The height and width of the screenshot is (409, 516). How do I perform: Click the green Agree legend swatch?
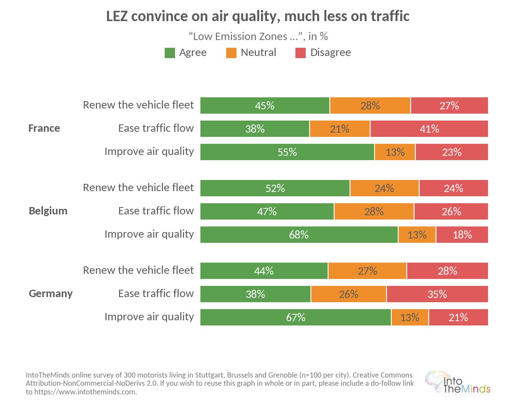click(170, 53)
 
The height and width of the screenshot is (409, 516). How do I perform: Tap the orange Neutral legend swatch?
click(231, 53)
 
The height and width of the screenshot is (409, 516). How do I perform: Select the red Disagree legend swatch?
click(301, 53)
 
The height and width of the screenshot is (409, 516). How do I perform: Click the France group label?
click(44, 128)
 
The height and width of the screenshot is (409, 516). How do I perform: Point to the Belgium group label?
click(48, 211)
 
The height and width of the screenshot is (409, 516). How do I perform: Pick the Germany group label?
click(51, 294)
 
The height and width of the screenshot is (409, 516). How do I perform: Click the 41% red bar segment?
click(429, 129)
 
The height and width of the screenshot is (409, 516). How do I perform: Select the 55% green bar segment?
click(287, 152)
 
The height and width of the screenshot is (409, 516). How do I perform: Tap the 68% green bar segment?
click(299, 235)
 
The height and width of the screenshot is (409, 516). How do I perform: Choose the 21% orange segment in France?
click(340, 129)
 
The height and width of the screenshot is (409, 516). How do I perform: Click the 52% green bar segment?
click(275, 188)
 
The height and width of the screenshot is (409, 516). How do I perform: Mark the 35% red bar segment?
click(437, 294)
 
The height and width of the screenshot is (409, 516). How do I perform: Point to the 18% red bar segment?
click(462, 235)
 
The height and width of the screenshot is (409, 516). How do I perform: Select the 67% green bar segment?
click(296, 317)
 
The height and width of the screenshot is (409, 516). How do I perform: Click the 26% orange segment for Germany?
click(349, 294)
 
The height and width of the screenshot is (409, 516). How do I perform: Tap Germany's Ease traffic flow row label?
click(156, 294)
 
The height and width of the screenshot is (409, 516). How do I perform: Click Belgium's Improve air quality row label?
click(149, 234)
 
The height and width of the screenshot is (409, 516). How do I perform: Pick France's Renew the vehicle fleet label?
click(138, 105)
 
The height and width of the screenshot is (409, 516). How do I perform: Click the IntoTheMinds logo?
click(458, 383)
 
